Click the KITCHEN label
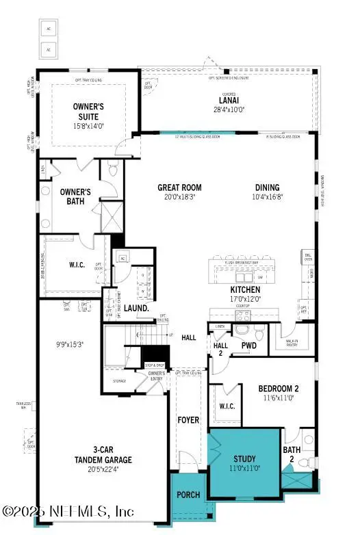click(245, 289)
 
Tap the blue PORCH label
click(188, 495)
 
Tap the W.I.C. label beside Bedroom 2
click(227, 406)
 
